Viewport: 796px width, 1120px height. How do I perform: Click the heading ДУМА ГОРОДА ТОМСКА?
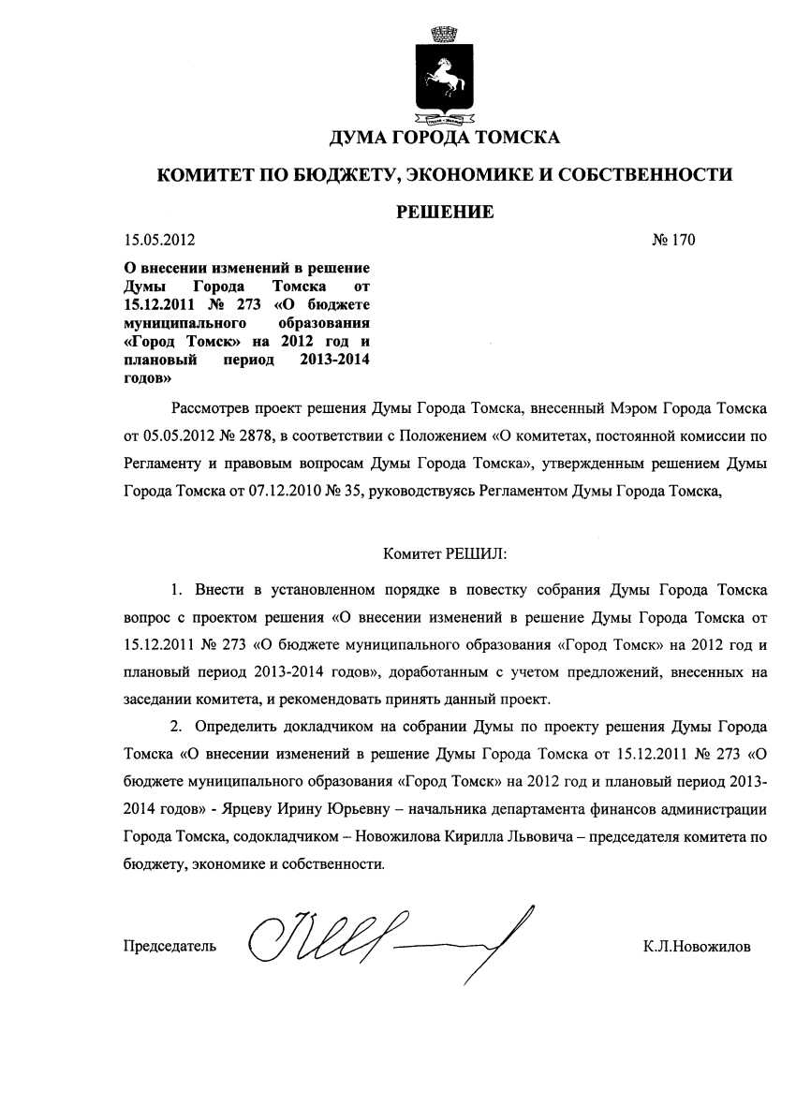point(444,139)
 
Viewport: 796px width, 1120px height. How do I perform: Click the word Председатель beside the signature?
point(170,946)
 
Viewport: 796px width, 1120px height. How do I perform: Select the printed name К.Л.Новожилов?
point(697,946)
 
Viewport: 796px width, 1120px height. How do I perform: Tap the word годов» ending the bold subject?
point(147,379)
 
